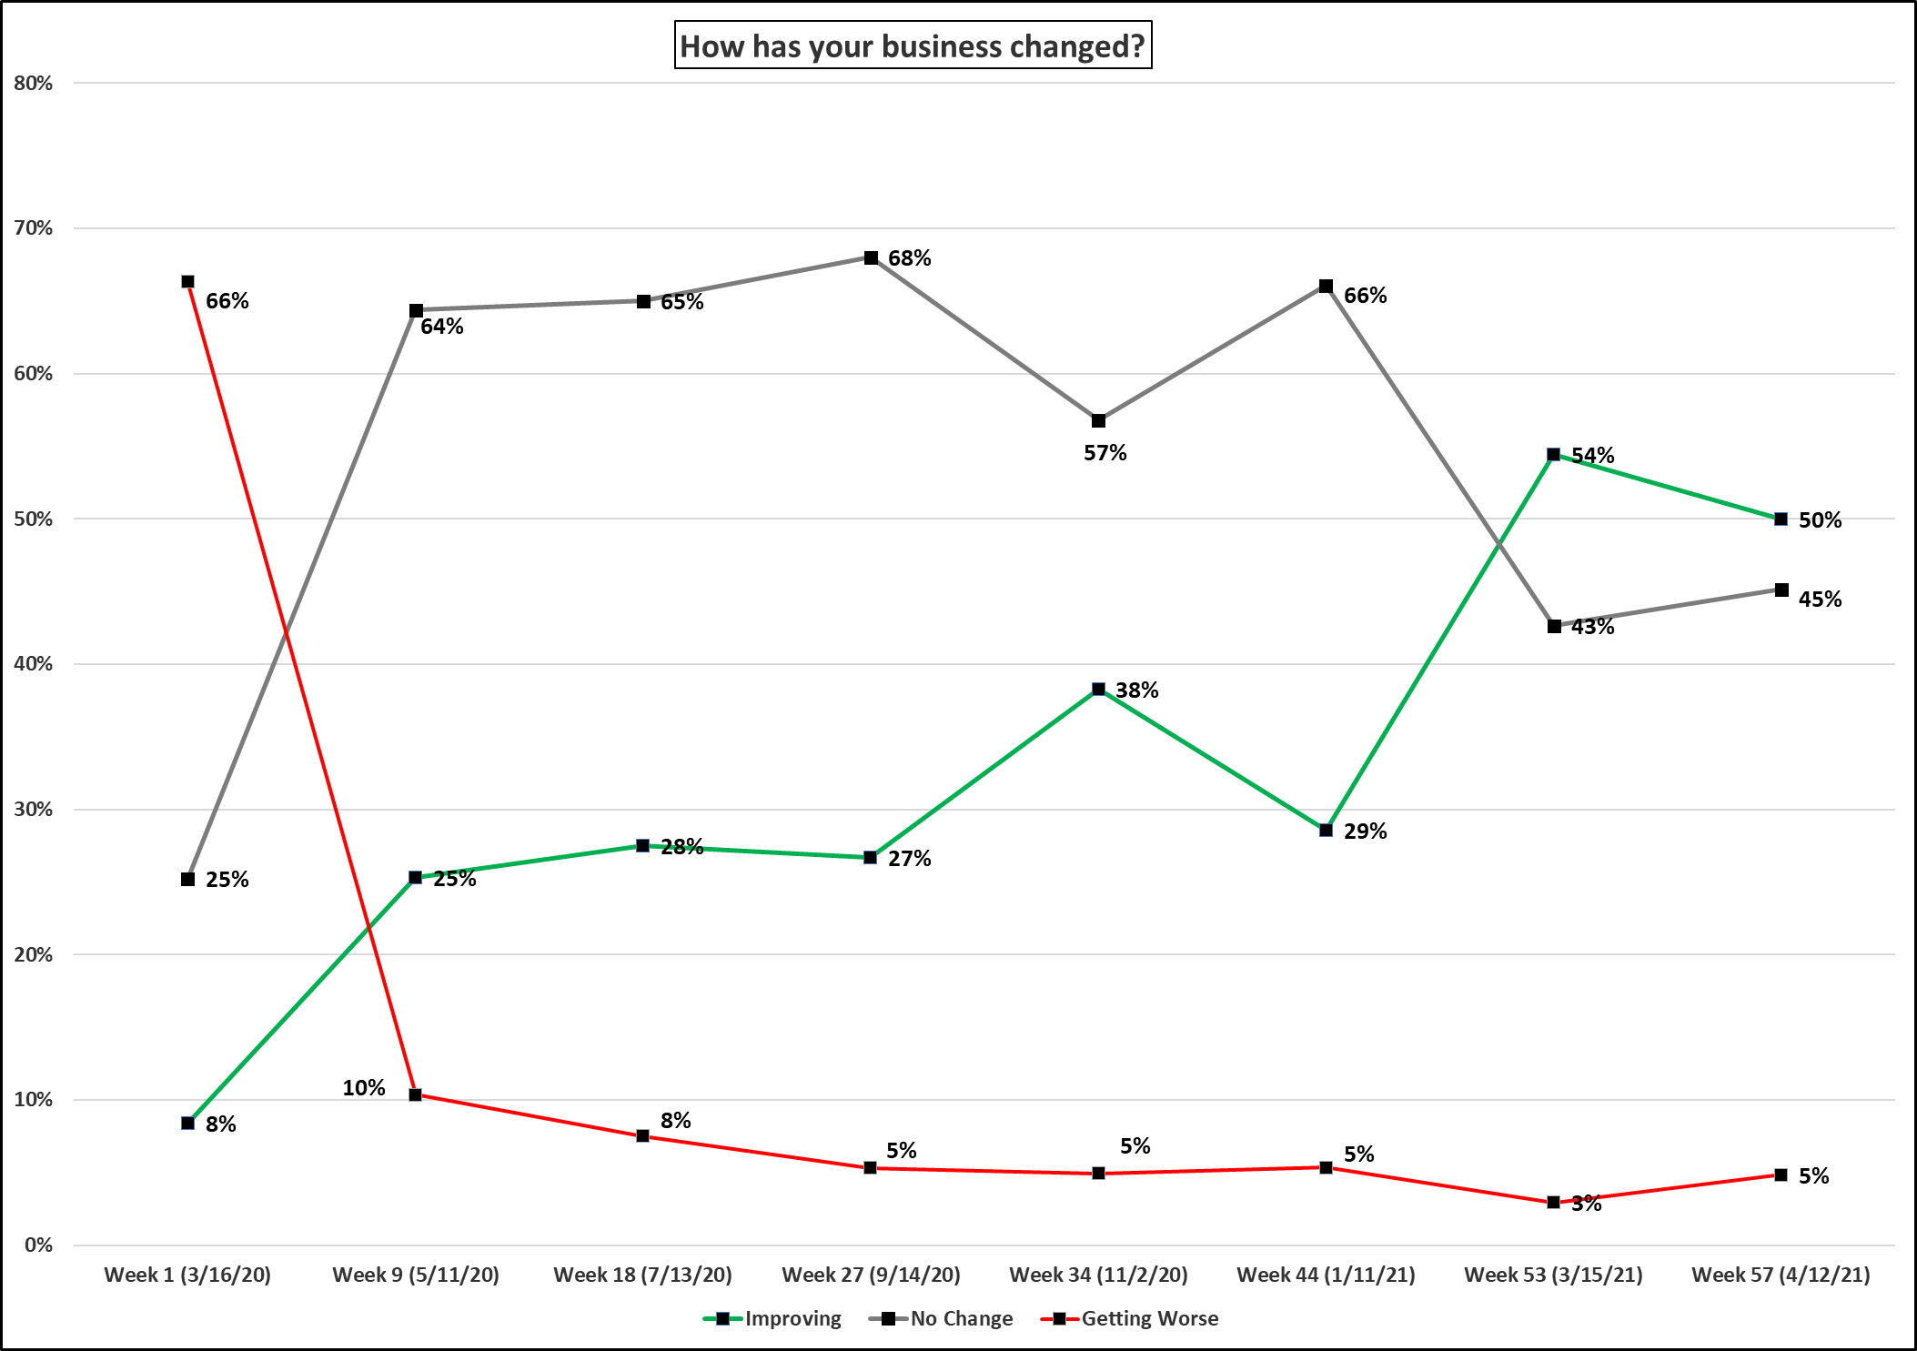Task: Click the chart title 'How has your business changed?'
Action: [x=913, y=45]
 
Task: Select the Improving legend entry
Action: [x=772, y=1318]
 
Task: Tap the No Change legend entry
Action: [x=941, y=1318]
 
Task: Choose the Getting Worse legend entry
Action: [x=1129, y=1318]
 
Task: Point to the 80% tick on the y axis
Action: [x=34, y=83]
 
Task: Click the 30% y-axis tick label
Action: [x=34, y=809]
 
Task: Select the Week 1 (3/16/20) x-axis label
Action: [x=187, y=1275]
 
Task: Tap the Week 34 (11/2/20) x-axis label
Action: [x=1098, y=1275]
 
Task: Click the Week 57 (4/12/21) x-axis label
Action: [x=1781, y=1275]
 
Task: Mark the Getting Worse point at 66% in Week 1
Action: [x=187, y=282]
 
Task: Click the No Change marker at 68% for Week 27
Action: [x=871, y=258]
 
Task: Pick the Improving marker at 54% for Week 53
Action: [x=1553, y=455]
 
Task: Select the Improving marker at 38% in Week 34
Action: [x=1098, y=690]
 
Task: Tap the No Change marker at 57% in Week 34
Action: [x=1098, y=421]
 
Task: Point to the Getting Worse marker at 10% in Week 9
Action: [x=415, y=1094]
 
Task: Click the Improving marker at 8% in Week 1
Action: [x=187, y=1124]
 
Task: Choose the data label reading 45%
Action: [x=1820, y=599]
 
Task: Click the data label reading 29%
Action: [x=1365, y=831]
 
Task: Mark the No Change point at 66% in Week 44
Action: [x=1326, y=287]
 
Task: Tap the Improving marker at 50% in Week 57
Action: [x=1781, y=519]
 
